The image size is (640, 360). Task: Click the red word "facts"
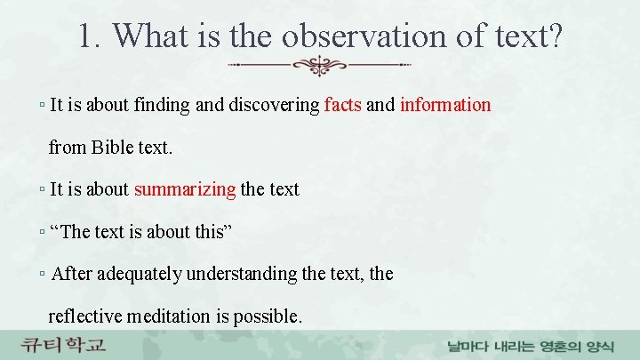click(343, 105)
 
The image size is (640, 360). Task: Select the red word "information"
click(445, 105)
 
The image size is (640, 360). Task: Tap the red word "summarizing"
click(185, 189)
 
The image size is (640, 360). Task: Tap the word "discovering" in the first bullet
click(275, 105)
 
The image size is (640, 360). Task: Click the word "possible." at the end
click(268, 316)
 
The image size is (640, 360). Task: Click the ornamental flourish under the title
click(319, 66)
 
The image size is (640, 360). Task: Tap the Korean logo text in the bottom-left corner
click(64, 344)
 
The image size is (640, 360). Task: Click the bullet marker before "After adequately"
click(44, 274)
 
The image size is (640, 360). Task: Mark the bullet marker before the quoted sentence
click(44, 232)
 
